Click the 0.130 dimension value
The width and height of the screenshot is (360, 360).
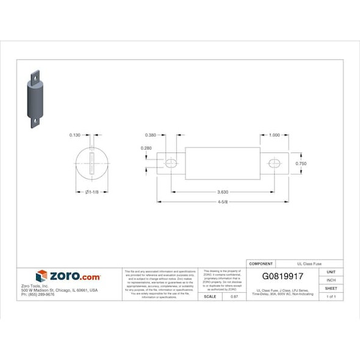click(75, 135)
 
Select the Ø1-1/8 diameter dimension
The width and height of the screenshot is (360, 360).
click(91, 192)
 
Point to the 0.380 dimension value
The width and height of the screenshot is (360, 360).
click(151, 135)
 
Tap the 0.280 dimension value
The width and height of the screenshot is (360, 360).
click(146, 148)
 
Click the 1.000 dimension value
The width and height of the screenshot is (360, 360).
click(274, 135)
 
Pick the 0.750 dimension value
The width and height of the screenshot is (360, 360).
click(301, 164)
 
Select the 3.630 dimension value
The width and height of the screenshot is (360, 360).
click(223, 192)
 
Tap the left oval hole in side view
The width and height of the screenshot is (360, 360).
click(171, 163)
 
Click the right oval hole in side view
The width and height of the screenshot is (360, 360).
click(275, 163)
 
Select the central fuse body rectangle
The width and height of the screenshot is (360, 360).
click(223, 163)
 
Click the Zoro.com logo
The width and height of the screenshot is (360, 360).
click(68, 276)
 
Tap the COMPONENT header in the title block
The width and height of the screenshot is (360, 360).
click(261, 263)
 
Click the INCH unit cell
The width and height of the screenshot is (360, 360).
click(331, 280)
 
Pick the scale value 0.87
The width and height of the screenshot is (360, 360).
click(234, 296)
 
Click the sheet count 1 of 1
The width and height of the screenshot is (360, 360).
click(331, 296)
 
